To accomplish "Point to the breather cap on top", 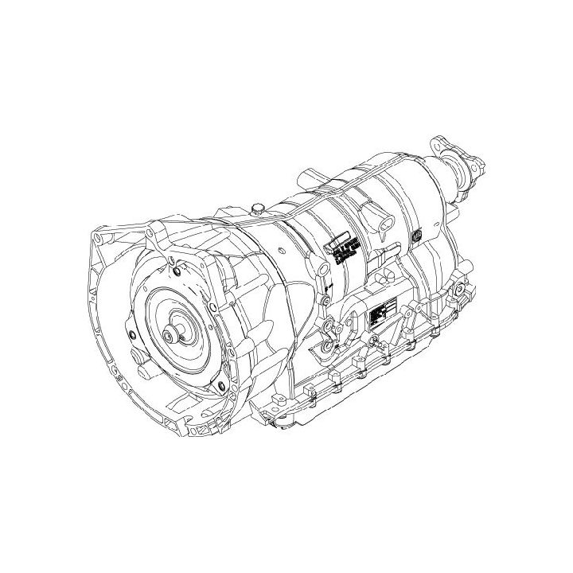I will tap(257, 209).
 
